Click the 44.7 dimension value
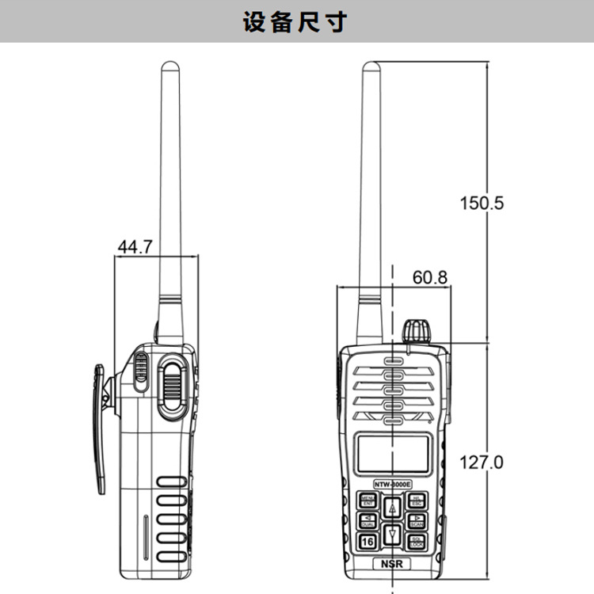point(135,247)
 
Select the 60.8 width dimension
point(430,278)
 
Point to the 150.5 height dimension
point(482,203)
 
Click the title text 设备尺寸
point(296,21)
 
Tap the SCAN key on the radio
point(417,520)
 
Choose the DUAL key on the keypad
point(368,520)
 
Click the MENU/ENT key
point(368,500)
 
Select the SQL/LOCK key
point(417,542)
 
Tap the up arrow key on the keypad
point(393,508)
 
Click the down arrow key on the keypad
point(393,535)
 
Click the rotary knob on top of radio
point(417,331)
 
